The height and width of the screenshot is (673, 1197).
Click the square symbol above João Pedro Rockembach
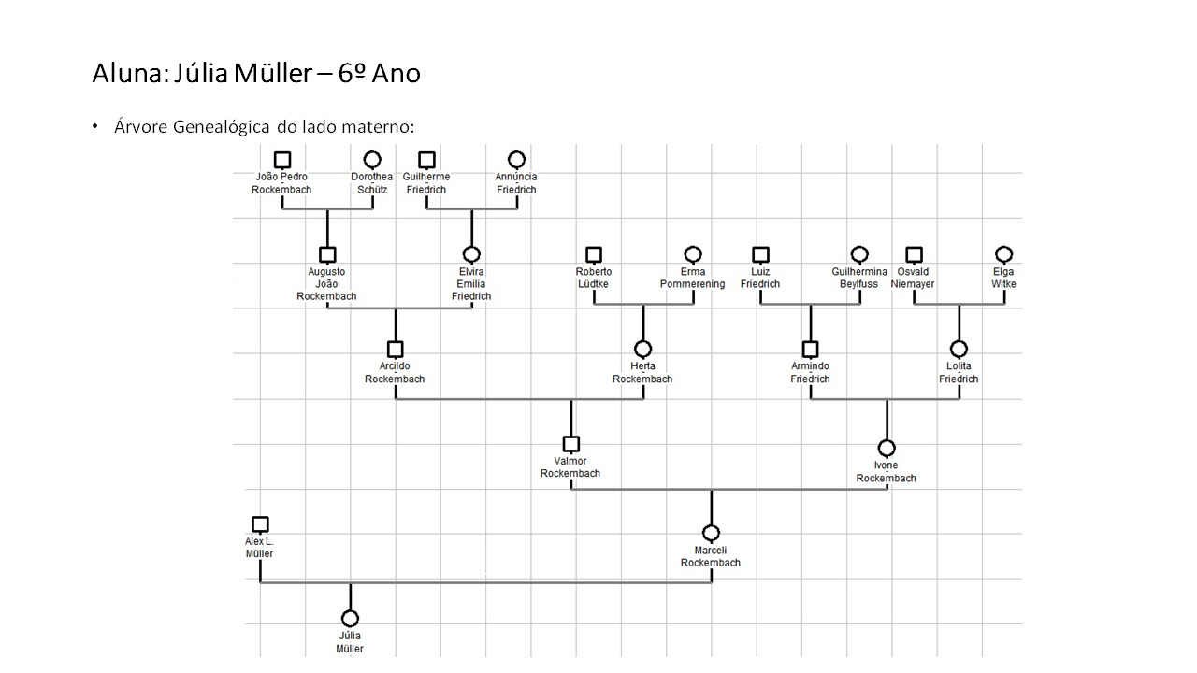click(282, 160)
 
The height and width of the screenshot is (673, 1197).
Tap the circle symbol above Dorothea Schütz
click(372, 160)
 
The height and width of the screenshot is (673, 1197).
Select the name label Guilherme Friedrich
click(426, 183)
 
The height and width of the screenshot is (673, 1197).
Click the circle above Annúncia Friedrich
click(516, 160)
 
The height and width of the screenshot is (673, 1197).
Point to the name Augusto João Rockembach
click(326, 284)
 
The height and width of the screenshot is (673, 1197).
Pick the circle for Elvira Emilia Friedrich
click(471, 254)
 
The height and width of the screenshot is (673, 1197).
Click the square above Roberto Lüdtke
click(594, 254)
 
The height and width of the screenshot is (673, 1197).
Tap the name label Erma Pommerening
click(692, 278)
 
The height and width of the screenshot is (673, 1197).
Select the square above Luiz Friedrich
click(760, 254)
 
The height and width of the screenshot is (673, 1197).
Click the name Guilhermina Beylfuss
click(859, 278)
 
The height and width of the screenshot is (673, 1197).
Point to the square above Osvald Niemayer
click(914, 254)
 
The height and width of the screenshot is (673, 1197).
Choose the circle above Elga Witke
click(1003, 254)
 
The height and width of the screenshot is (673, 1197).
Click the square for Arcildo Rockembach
click(395, 350)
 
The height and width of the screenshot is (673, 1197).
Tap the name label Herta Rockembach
click(642, 373)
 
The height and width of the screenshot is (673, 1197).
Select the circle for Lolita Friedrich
click(959, 350)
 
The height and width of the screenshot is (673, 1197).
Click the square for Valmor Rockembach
click(570, 444)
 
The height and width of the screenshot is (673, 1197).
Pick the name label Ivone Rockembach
click(886, 472)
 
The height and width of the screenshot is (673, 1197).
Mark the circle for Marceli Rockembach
click(711, 534)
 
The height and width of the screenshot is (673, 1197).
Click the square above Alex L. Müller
click(260, 524)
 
